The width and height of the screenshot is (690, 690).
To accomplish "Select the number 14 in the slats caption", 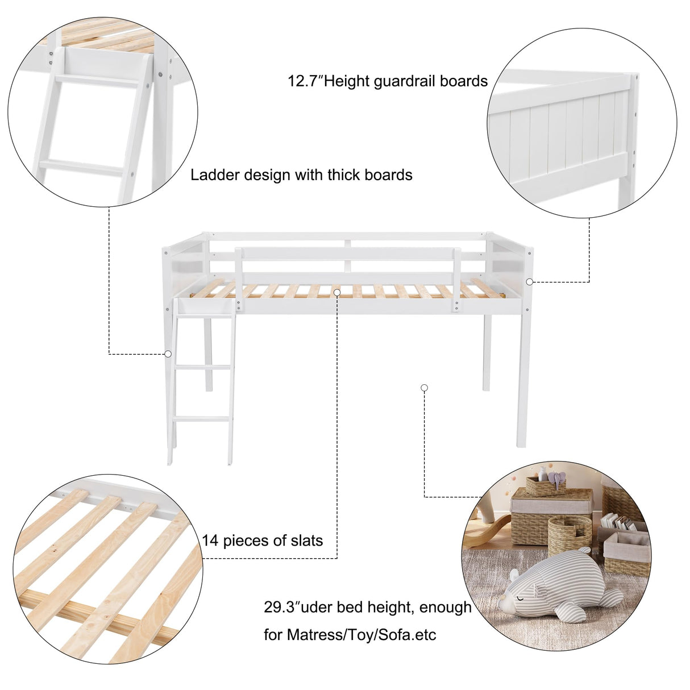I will click(210, 540).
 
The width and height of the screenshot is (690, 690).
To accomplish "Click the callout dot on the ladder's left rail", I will click(168, 354).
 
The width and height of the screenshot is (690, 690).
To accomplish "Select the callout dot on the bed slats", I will click(337, 292).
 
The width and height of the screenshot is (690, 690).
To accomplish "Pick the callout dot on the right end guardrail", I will click(529, 281).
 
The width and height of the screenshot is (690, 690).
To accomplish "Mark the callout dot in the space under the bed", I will click(424, 388).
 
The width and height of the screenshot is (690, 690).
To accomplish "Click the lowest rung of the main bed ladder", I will click(203, 419).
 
